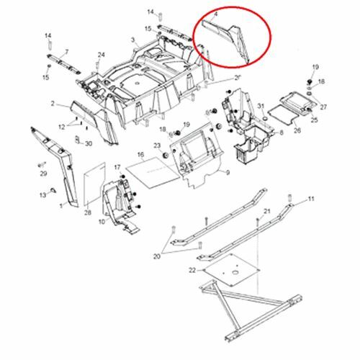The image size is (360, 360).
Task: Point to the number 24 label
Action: pos(102,55)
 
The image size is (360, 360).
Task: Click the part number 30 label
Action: pos(89,143)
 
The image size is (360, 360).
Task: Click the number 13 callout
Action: pos(42,195)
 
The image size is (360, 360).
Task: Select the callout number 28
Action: pos(87,213)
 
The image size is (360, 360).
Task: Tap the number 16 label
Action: pos(140,154)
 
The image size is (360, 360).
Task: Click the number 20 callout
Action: pos(157,256)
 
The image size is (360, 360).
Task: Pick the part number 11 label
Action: pos(311,199)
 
